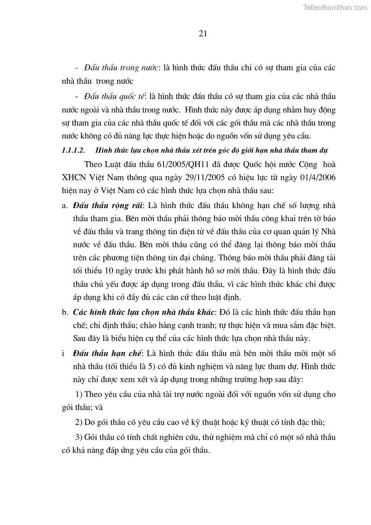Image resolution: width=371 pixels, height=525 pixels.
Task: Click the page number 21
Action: [203, 33]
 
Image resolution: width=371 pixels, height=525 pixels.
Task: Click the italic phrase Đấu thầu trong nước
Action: [120, 68]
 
